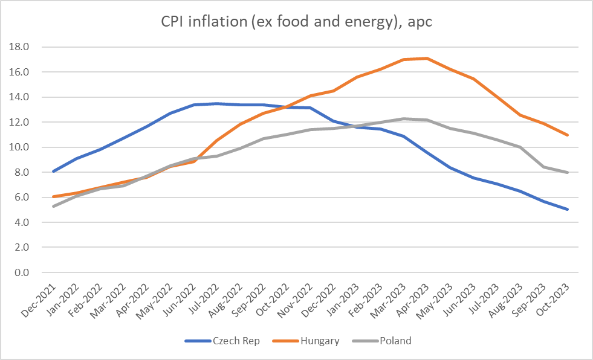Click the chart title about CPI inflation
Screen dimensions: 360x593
pyautogui.click(x=296, y=22)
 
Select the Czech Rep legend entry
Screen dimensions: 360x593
pyautogui.click(x=236, y=341)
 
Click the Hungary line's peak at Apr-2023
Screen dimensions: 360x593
pyautogui.click(x=427, y=59)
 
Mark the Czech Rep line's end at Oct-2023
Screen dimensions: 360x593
pyautogui.click(x=568, y=210)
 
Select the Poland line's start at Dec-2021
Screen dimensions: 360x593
pyautogui.click(x=54, y=206)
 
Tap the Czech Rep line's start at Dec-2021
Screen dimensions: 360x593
pyautogui.click(x=54, y=172)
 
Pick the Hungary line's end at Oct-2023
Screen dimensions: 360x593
pyautogui.click(x=568, y=135)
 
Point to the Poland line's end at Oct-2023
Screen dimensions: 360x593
pyautogui.click(x=568, y=173)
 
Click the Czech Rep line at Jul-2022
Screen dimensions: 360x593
pyautogui.click(x=217, y=103)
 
